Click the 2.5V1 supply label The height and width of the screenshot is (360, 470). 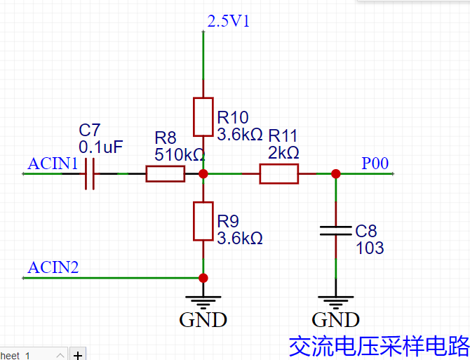pyautogui.click(x=228, y=21)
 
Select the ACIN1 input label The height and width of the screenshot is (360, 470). pyautogui.click(x=53, y=164)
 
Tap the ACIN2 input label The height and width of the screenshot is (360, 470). pyautogui.click(x=53, y=267)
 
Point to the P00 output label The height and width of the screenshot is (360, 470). pyautogui.click(x=375, y=164)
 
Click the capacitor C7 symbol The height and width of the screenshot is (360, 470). pyautogui.click(x=89, y=173)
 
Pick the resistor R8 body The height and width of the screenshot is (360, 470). pyautogui.click(x=166, y=173)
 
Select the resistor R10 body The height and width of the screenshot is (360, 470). pyautogui.click(x=203, y=116)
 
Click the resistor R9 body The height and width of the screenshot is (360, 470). pyautogui.click(x=203, y=221)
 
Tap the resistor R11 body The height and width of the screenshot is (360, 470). pyautogui.click(x=278, y=173)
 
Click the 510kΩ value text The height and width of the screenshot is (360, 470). pyautogui.click(x=180, y=154)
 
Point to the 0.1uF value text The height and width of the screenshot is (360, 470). pyautogui.click(x=101, y=147)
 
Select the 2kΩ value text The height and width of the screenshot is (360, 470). pyautogui.click(x=283, y=152)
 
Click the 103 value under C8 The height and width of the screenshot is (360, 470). pyautogui.click(x=370, y=248)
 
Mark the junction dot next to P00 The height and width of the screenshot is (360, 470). pyautogui.click(x=335, y=173)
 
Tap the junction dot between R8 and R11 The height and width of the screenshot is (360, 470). pyautogui.click(x=203, y=173)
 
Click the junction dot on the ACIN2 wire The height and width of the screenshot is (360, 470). pyautogui.click(x=203, y=278)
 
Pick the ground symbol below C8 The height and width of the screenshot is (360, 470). pyautogui.click(x=335, y=304)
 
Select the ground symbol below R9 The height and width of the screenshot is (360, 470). pyautogui.click(x=203, y=304)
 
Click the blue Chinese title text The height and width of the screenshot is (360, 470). pyautogui.click(x=379, y=345)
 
